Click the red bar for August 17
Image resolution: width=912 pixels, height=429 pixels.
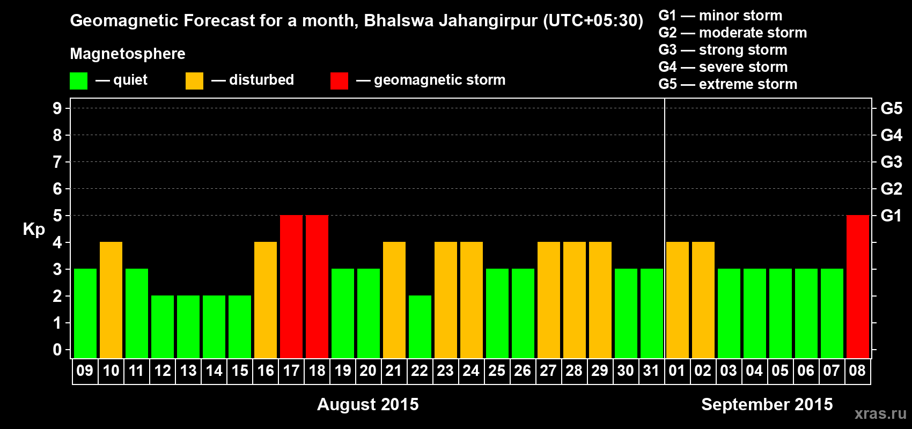[291, 286]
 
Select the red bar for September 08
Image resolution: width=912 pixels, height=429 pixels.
[857, 286]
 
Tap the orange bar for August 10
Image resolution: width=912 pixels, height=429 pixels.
[111, 300]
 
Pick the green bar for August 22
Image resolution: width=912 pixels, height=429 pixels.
[420, 327]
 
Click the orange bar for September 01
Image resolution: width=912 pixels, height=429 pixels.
[677, 300]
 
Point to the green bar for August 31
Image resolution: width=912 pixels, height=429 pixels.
[651, 313]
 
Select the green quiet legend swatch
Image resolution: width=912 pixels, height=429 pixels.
[78, 81]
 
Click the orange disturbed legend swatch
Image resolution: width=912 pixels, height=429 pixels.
[194, 81]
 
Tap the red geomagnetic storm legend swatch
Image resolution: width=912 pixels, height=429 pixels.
[339, 81]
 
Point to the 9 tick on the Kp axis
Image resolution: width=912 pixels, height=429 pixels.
[57, 108]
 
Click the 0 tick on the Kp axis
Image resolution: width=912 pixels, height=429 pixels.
[57, 350]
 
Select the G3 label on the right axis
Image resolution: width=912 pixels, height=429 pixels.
[891, 162]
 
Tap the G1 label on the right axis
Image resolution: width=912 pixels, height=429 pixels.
[891, 216]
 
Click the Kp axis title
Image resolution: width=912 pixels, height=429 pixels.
[34, 230]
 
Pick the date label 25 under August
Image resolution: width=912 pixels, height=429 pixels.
[497, 371]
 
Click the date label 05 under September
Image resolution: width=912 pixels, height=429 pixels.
[780, 371]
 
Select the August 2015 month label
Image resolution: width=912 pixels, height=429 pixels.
[368, 404]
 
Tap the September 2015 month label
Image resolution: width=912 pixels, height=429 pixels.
[767, 404]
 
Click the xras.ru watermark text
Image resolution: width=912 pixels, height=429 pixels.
[880, 413]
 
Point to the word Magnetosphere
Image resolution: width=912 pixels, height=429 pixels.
[128, 54]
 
